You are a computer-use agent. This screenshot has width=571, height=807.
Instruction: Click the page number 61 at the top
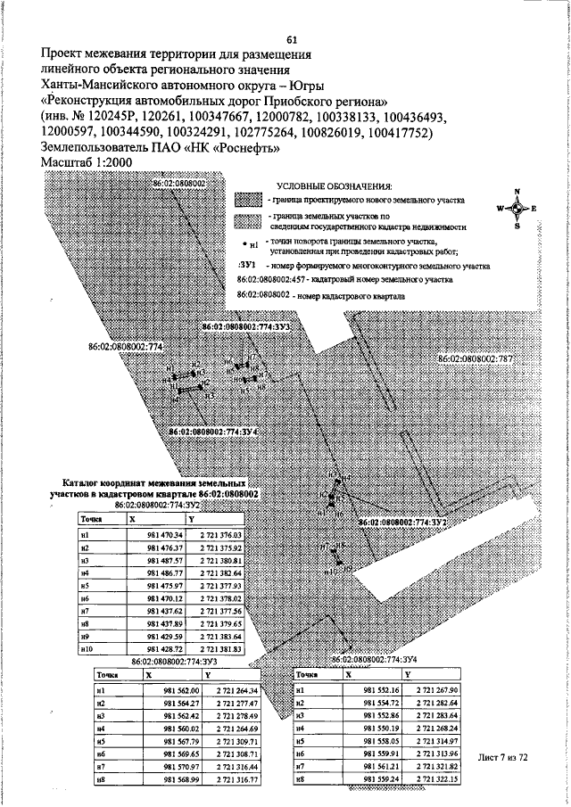[x=291, y=39]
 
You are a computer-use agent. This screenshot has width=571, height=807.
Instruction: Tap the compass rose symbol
[x=515, y=208]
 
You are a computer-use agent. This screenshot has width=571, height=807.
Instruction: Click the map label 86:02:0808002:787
[x=476, y=358]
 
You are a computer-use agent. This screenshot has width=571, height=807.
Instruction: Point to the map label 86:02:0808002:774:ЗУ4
[x=213, y=432]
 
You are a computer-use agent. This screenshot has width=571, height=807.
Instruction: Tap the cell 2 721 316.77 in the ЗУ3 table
[x=236, y=778]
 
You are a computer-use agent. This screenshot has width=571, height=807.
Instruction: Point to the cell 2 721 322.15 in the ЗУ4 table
[x=436, y=778]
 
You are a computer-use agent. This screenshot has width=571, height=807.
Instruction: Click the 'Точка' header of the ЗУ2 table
[x=90, y=518]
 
